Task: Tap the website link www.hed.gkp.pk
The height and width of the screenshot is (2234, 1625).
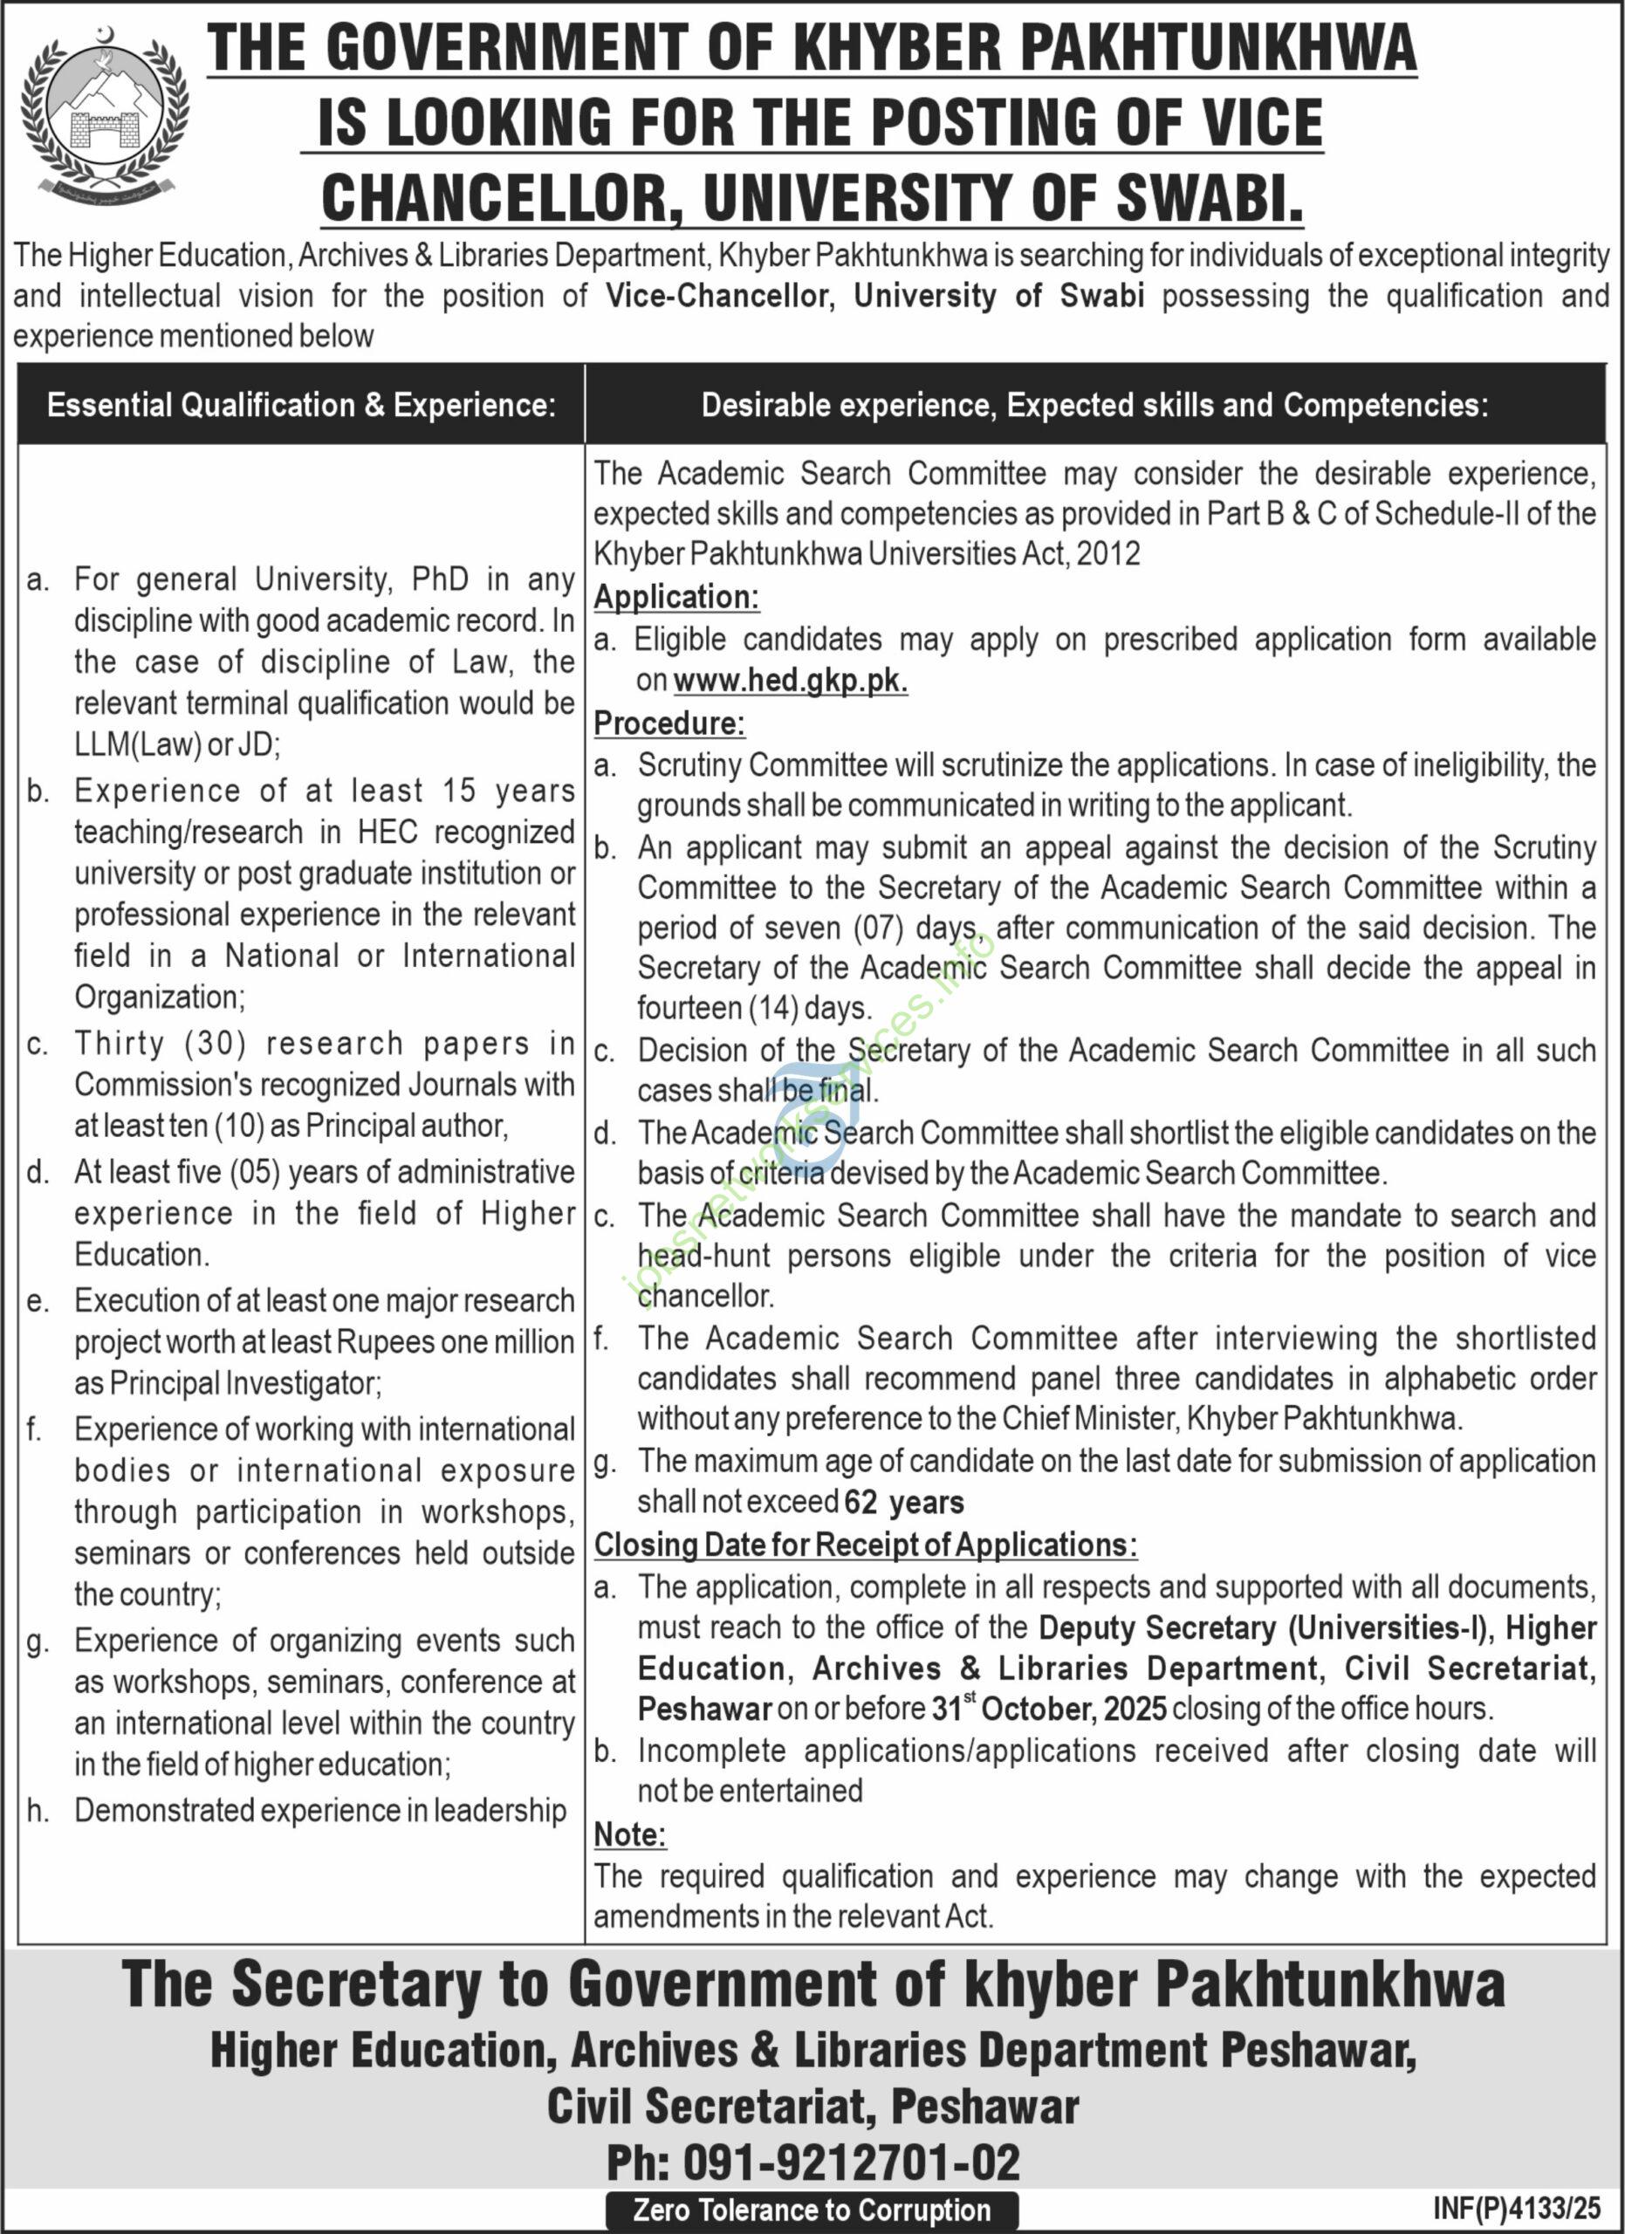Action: click(x=790, y=681)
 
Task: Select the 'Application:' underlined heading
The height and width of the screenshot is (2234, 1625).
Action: click(x=676, y=597)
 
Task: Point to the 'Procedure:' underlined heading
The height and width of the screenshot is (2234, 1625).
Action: click(x=669, y=723)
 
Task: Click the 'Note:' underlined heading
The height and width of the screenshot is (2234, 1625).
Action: click(x=630, y=1834)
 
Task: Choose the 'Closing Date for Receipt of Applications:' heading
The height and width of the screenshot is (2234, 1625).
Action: click(x=866, y=1545)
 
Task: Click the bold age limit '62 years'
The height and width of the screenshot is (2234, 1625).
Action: click(x=904, y=1503)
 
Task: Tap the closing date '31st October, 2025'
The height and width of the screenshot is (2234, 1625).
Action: click(x=1049, y=1708)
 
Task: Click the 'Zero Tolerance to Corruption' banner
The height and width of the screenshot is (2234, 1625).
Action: click(x=812, y=2210)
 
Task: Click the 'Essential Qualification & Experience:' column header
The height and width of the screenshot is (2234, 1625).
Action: click(x=301, y=405)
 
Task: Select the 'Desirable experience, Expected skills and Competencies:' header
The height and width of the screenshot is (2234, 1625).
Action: click(x=1094, y=405)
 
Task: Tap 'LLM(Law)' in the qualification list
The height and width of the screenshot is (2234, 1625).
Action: click(x=137, y=744)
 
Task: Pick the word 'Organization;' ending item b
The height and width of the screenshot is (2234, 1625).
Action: click(x=160, y=997)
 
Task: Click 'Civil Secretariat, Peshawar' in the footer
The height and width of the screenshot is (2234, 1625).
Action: click(x=812, y=2107)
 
